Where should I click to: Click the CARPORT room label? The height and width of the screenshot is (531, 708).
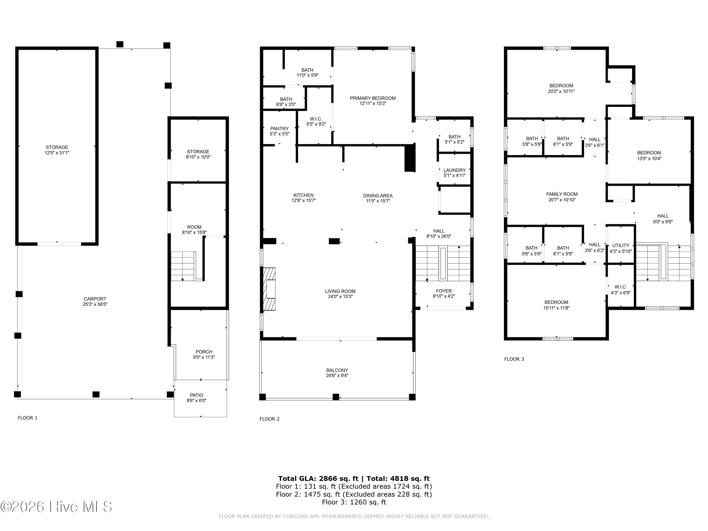click(95, 299)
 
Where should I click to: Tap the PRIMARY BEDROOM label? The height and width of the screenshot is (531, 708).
click(373, 98)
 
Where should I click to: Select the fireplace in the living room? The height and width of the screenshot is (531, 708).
click(269, 289)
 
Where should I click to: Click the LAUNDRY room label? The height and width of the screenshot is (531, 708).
click(455, 170)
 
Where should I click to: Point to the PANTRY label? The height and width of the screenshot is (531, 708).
click(279, 129)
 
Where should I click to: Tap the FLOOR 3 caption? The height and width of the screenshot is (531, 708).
click(514, 359)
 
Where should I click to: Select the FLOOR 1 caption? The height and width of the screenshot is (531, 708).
click(28, 418)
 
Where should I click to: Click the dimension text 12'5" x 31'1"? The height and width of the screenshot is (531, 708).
click(57, 153)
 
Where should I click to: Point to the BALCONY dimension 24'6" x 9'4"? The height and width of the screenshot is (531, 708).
click(337, 375)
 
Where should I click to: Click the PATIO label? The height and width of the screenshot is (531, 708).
click(197, 395)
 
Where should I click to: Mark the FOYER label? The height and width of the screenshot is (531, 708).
click(444, 291)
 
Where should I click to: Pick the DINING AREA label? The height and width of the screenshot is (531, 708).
click(378, 196)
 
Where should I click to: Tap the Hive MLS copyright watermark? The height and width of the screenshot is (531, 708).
click(56, 507)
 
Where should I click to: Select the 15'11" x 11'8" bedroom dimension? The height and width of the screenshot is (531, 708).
click(556, 308)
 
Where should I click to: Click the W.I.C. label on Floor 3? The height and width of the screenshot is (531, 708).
click(621, 287)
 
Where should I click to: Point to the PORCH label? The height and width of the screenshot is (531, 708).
click(204, 352)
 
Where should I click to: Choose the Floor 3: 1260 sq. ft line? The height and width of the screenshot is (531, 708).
click(354, 502)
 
